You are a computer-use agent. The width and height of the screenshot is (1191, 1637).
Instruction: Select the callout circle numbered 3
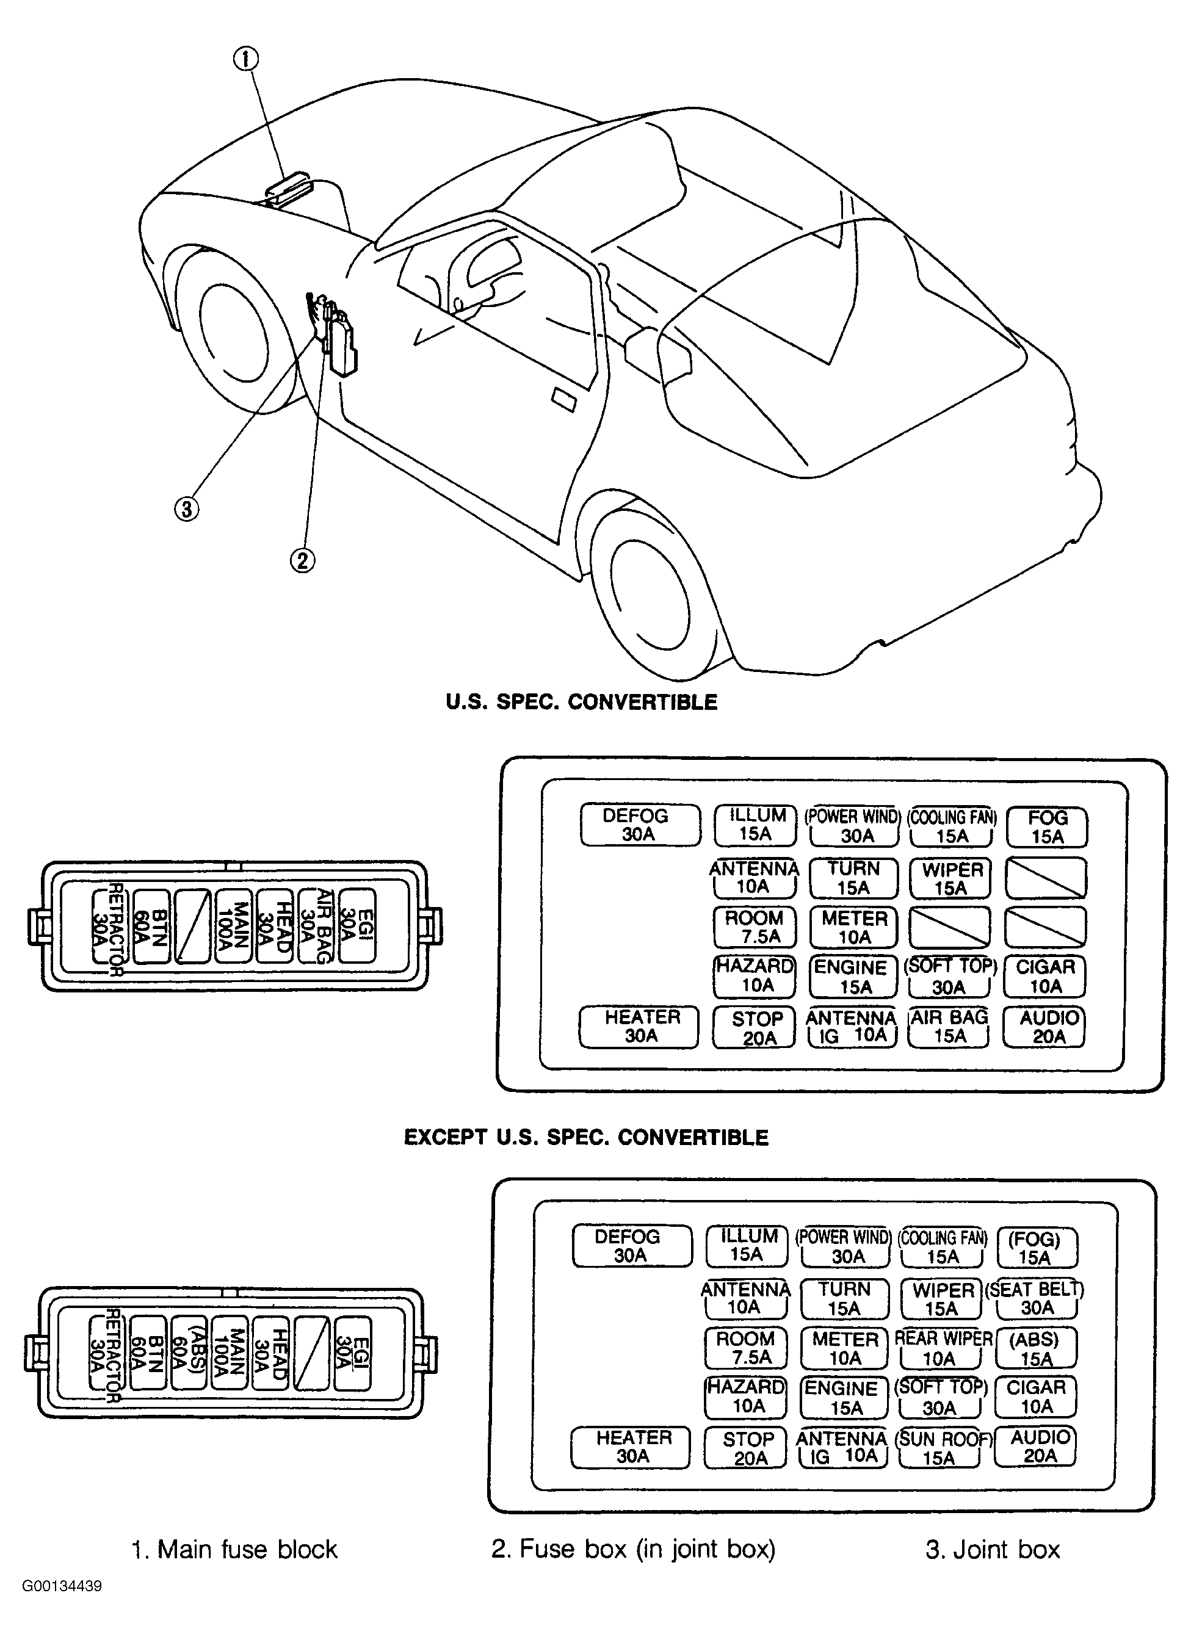coord(186,509)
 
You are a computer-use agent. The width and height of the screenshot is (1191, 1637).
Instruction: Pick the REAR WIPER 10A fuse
coord(943,1348)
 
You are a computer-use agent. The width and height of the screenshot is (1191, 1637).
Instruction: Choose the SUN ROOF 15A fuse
coord(942,1448)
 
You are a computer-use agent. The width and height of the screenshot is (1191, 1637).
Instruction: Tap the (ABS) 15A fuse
coord(1035,1349)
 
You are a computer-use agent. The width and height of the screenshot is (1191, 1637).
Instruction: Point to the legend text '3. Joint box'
coord(993,1550)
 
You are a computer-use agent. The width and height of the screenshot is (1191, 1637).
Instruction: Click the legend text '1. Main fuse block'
coord(234,1550)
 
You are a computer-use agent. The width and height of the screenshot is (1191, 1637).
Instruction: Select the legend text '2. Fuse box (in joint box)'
coord(633,1549)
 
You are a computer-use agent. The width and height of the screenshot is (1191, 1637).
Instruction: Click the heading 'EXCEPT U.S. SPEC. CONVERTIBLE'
coord(585,1138)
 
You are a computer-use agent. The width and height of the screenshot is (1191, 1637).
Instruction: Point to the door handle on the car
coord(563,399)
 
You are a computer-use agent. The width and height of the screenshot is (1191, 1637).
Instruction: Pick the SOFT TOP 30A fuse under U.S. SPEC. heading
coord(949,977)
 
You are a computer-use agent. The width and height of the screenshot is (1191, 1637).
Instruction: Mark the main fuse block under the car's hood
coord(288,187)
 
